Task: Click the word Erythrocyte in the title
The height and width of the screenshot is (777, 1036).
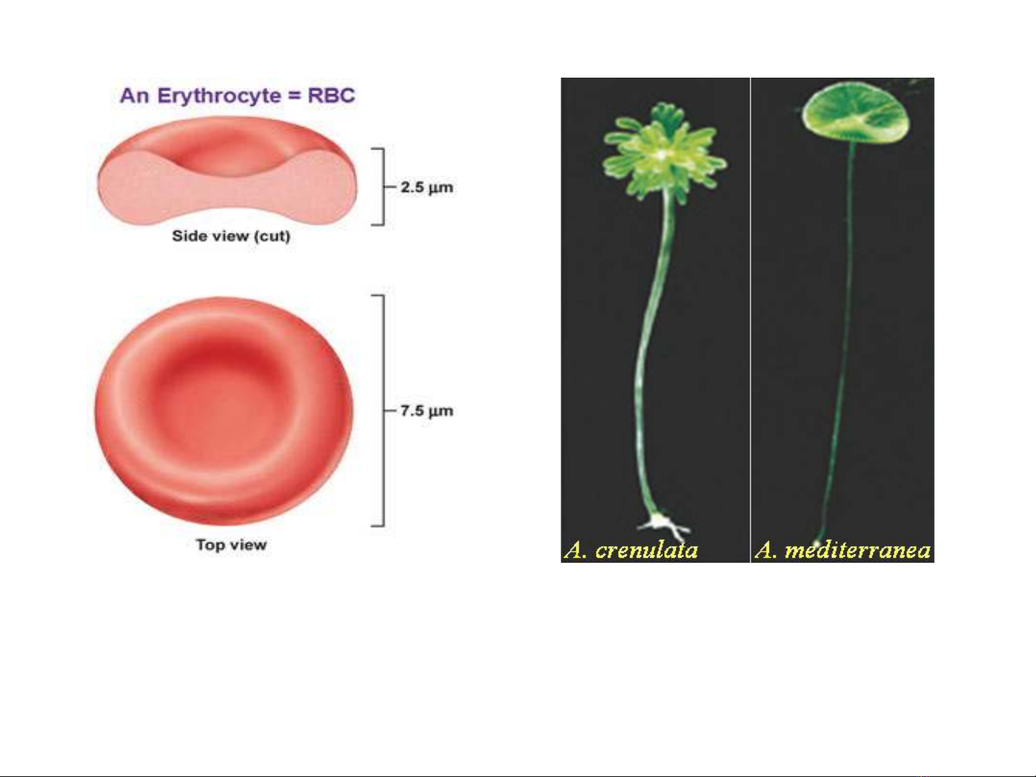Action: click(219, 96)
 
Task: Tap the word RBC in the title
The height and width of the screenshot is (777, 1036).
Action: click(331, 96)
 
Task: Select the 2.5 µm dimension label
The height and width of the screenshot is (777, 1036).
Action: click(426, 188)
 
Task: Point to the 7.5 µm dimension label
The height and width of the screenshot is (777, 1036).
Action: click(426, 411)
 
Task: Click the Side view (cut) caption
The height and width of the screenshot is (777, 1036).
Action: click(231, 236)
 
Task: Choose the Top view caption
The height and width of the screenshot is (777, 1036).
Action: click(232, 545)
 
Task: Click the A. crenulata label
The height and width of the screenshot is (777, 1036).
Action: click(631, 550)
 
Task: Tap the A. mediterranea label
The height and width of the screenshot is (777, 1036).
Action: click(843, 550)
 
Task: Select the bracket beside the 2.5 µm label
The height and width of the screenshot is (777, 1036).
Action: click(383, 187)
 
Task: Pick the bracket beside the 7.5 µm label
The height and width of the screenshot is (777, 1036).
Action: click(383, 410)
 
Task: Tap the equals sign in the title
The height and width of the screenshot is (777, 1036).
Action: click(294, 96)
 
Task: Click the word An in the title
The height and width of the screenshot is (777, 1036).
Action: click(135, 96)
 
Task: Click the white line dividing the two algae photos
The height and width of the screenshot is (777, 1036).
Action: click(751, 320)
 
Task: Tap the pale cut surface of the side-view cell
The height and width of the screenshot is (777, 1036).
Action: click(227, 193)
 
